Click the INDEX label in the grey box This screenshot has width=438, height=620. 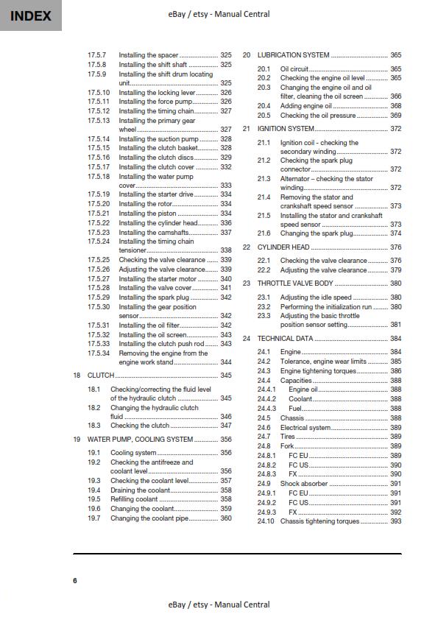pyautogui.click(x=30, y=15)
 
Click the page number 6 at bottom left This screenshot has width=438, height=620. pyautogui.click(x=74, y=581)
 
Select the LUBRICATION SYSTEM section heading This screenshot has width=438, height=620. pyautogui.click(x=293, y=55)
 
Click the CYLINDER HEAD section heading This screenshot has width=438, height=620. pyautogui.click(x=283, y=247)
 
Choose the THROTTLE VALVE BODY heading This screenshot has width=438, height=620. pyautogui.click(x=295, y=283)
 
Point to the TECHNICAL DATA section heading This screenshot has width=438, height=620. pyautogui.click(x=285, y=339)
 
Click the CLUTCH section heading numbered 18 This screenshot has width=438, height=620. pyautogui.click(x=100, y=376)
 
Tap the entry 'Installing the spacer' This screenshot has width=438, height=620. pyautogui.click(x=148, y=55)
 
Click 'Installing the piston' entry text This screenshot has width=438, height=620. pyautogui.click(x=147, y=214)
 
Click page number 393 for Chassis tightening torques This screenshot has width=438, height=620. pyautogui.click(x=395, y=521)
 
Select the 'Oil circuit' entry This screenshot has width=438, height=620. pyautogui.click(x=294, y=68)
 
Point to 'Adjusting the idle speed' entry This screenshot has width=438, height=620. pyautogui.click(x=316, y=297)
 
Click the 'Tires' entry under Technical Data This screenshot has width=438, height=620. pyautogui.click(x=288, y=437)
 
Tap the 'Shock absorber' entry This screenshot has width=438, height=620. pyautogui.click(x=303, y=484)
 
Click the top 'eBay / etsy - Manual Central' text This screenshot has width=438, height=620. pyautogui.click(x=219, y=13)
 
